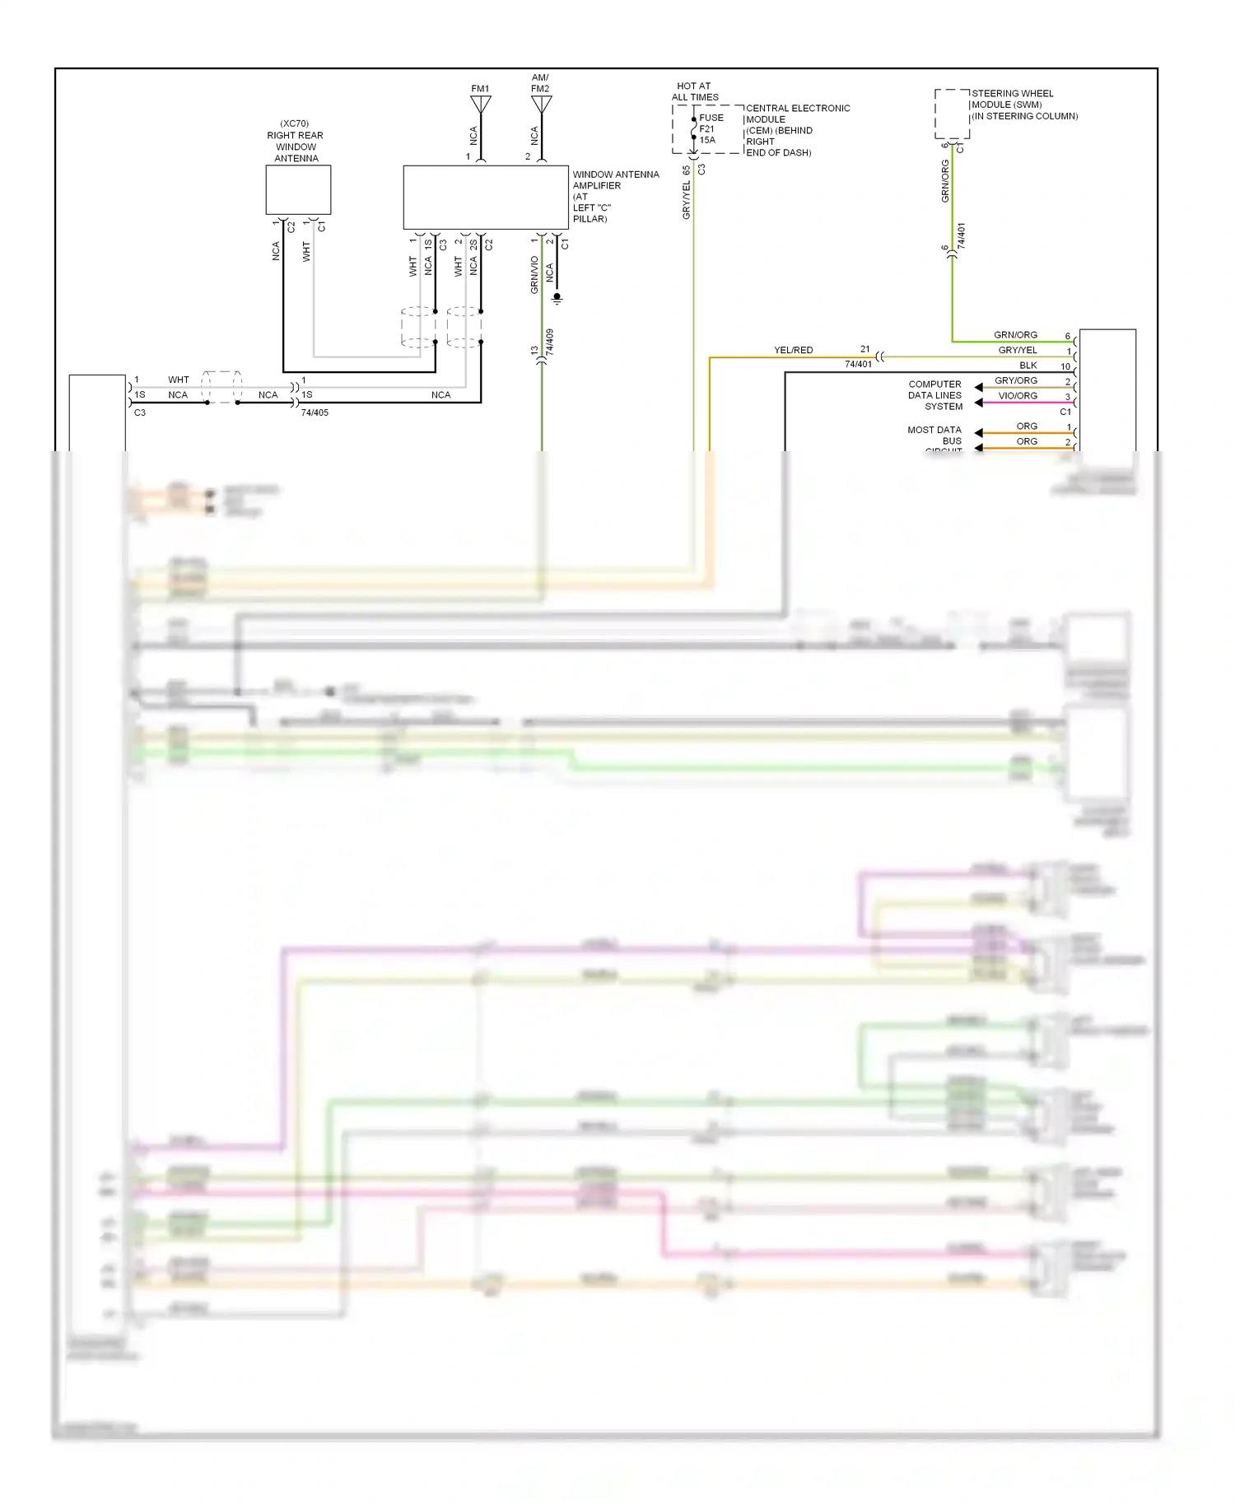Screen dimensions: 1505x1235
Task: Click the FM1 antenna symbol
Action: coord(481,105)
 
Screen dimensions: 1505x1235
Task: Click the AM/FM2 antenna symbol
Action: coord(541,105)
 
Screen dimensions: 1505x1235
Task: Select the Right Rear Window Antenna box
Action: coord(298,190)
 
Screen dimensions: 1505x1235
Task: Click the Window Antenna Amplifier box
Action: coord(485,198)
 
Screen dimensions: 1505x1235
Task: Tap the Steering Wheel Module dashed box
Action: coord(952,114)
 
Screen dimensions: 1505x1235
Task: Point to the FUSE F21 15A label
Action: coord(710,128)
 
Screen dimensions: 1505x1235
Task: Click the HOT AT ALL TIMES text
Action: coord(695,91)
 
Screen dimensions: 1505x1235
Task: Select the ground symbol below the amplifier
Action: coord(557,298)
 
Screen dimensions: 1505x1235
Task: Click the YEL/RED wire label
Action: coord(793,350)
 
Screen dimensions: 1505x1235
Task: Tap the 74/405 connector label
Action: coord(315,412)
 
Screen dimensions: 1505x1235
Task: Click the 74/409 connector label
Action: coord(550,342)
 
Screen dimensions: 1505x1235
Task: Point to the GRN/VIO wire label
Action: coord(534,275)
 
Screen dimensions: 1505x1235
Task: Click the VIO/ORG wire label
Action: coord(1018,396)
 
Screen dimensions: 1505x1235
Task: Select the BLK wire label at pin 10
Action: coord(1028,366)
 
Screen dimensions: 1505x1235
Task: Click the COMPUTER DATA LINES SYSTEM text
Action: coord(935,395)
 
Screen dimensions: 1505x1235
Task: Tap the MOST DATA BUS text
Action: coord(935,436)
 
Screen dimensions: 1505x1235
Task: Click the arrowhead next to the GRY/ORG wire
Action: coord(978,387)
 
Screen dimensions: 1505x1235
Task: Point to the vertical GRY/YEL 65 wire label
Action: coord(687,193)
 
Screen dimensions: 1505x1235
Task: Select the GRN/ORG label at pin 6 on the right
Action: coord(1015,335)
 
